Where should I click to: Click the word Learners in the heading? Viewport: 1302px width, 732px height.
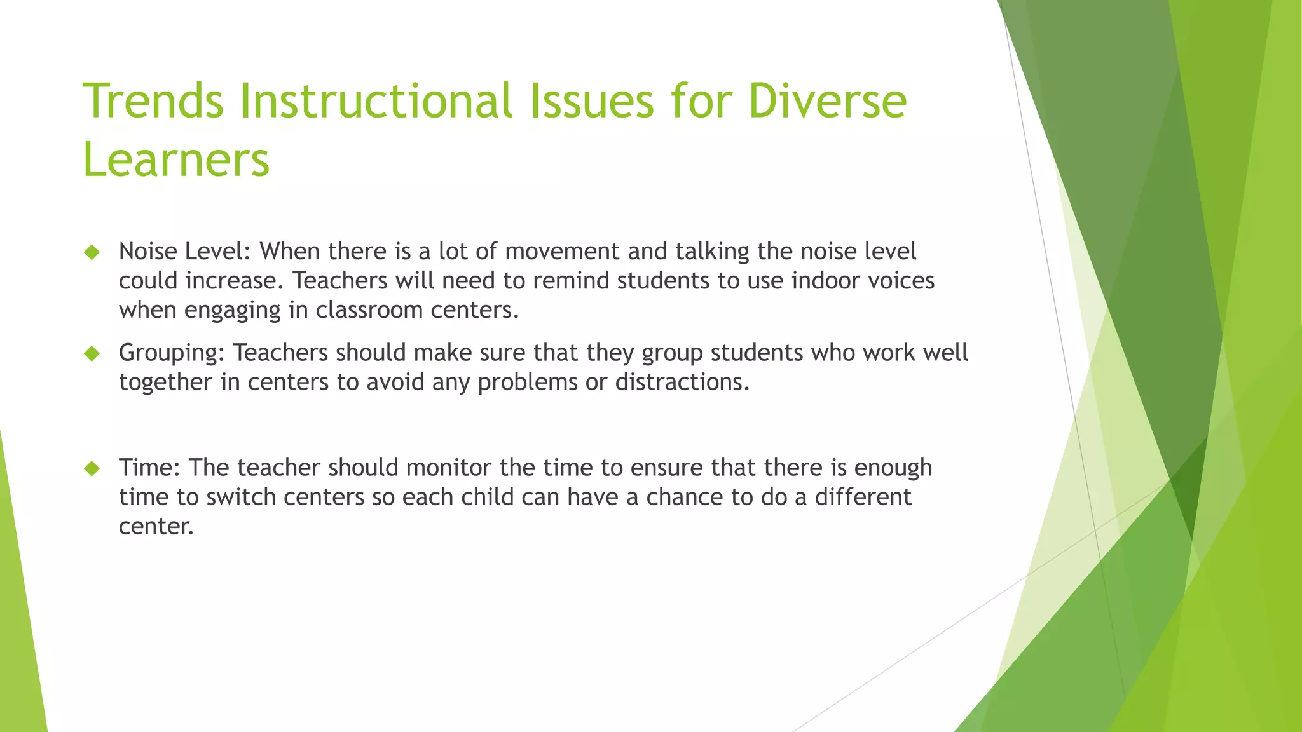coord(176,160)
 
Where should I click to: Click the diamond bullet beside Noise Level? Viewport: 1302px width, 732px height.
coord(92,252)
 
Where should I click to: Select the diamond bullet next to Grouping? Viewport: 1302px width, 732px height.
coord(92,353)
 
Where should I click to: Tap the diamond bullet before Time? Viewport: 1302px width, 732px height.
coord(92,469)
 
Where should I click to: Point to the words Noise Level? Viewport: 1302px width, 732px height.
coord(184,252)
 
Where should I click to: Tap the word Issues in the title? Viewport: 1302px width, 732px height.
coord(592,102)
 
